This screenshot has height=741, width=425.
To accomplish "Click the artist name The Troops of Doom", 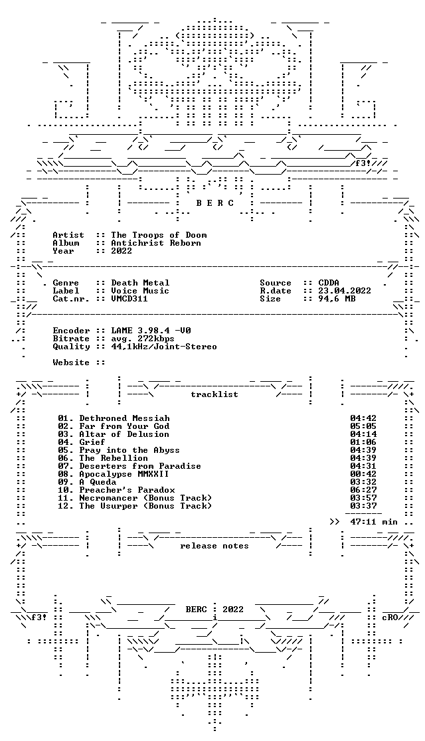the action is point(159,235).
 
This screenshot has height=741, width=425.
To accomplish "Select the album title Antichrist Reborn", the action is point(156,243).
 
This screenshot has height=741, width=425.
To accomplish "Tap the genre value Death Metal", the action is point(140,283).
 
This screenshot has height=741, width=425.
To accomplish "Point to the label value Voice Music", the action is point(140,291).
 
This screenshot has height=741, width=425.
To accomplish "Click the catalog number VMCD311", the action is point(129,299).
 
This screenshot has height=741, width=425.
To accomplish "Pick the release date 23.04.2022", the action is point(345,291).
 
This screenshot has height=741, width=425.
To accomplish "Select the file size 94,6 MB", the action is point(337,299).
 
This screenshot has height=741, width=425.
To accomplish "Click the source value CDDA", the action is point(329,283).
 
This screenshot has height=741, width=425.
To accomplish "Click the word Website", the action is point(71,363).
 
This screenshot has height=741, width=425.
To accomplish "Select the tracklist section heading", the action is point(214,394).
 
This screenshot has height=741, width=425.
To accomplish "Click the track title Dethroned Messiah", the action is point(124,418).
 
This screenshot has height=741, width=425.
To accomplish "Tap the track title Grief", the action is point(92,442).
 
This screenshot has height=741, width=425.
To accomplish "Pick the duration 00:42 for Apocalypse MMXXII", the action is point(363,473).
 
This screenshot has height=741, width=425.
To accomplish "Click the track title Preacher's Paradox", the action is point(127,489).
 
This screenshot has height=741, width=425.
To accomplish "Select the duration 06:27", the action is point(363,489).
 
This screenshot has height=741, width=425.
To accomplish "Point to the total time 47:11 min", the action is point(374,522).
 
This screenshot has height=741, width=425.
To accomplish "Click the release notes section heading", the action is point(214,546).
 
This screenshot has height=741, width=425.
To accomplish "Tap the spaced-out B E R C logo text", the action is point(214,203).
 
